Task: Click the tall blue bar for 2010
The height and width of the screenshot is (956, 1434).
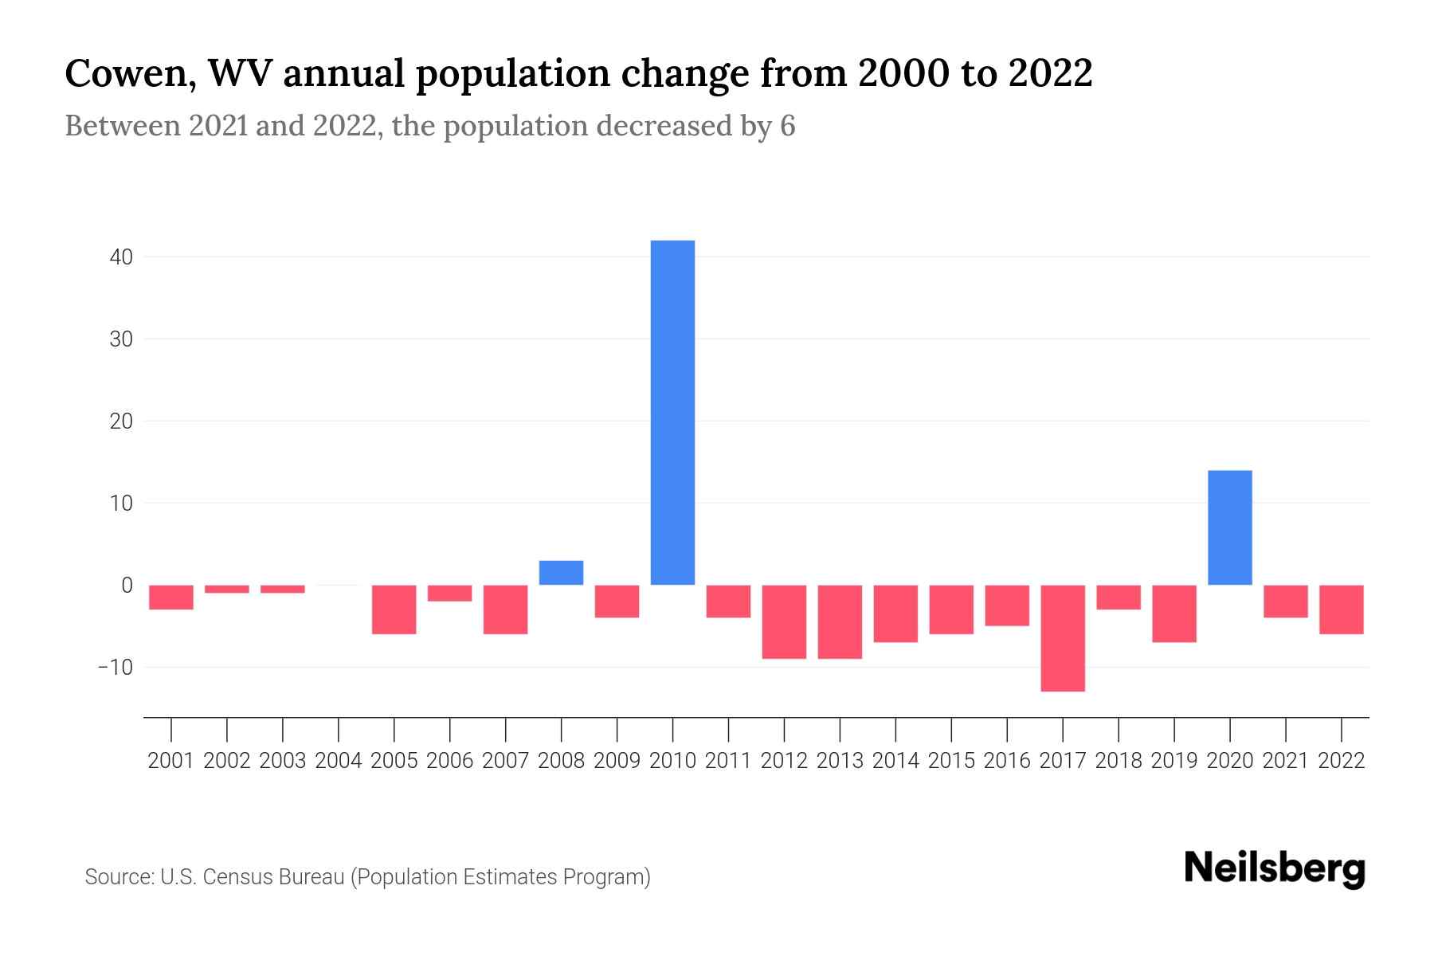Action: click(672, 413)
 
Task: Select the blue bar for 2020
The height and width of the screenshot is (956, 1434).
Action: click(1229, 527)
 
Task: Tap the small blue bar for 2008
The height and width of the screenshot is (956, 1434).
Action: click(561, 573)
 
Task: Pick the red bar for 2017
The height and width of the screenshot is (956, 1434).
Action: click(1063, 637)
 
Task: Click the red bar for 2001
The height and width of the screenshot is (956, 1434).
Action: click(171, 597)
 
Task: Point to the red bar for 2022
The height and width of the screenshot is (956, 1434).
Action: click(1341, 609)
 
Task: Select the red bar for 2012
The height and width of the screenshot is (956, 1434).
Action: click(784, 621)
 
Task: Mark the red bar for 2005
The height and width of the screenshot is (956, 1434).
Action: click(394, 609)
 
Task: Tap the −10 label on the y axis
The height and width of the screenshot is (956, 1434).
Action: click(115, 667)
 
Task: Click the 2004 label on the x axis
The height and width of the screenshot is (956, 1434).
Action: click(339, 761)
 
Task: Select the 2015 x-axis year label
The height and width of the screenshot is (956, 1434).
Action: click(951, 761)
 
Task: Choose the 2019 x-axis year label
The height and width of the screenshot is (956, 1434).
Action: click(1174, 761)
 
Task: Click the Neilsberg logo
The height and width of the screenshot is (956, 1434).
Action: click(1275, 869)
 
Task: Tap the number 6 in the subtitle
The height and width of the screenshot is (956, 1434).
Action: click(787, 126)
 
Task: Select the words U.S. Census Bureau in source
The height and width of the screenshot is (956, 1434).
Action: click(253, 877)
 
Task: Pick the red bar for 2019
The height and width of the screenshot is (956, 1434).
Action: click(1174, 613)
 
